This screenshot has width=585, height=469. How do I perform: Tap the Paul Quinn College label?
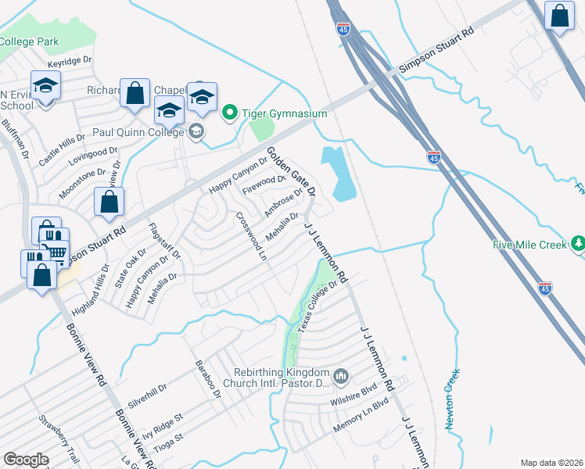click(142, 131)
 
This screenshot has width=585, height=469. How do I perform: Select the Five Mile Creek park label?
click(529, 244)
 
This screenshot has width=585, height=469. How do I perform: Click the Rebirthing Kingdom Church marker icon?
click(341, 378)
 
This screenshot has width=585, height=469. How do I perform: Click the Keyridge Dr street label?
click(70, 59)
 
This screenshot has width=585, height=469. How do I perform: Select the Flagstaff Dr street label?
click(165, 243)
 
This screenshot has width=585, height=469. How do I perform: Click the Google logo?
click(26, 460)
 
